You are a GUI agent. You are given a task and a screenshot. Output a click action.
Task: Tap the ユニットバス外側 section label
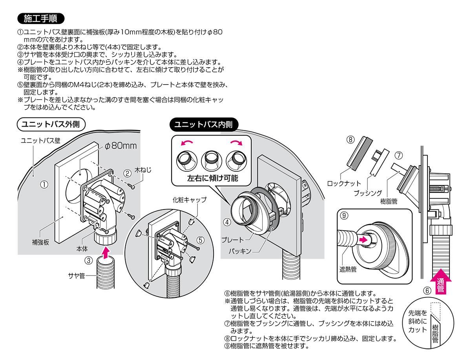pyautogui.click(x=51, y=125)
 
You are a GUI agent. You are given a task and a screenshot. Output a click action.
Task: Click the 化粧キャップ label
pyautogui.click(x=190, y=200)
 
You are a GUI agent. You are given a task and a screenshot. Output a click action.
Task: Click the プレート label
pyautogui.click(x=233, y=239)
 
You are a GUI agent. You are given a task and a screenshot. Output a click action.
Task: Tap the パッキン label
pyautogui.click(x=238, y=250)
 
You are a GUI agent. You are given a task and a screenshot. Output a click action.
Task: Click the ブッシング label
pyautogui.click(x=368, y=193)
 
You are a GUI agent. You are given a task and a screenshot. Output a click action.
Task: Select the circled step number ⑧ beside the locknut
pyautogui.click(x=351, y=140)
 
